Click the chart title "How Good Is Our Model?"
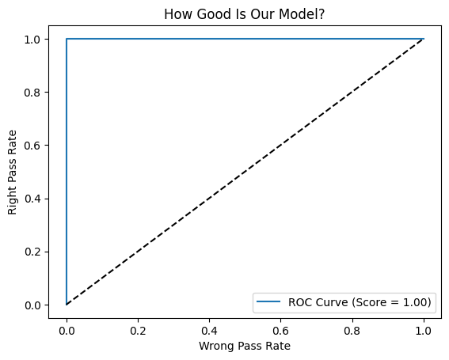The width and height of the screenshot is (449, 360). point(245,13)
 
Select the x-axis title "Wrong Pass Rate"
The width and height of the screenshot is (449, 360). point(245,345)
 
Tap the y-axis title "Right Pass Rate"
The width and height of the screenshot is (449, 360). point(13,172)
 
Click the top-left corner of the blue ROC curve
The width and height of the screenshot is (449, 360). point(67,39)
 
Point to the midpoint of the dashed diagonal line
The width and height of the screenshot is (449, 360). point(245,172)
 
